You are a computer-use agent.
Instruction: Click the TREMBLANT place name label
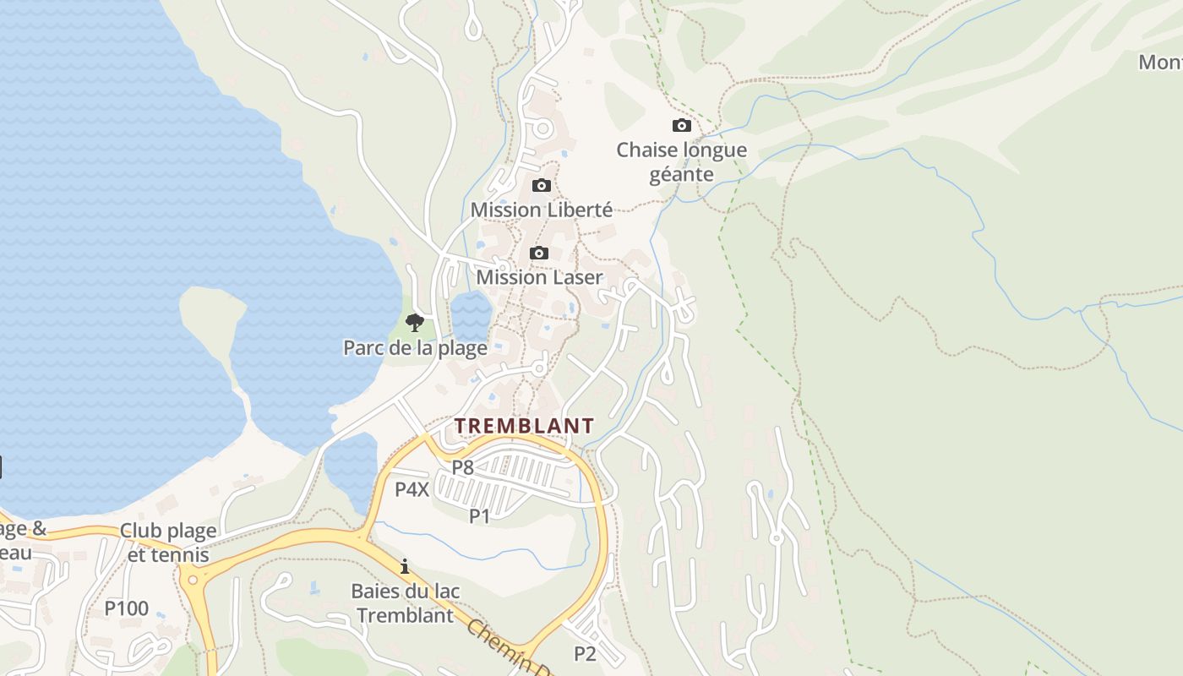tap(524, 426)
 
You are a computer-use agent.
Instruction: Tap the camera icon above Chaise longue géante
tap(681, 126)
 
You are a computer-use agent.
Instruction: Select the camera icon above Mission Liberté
tap(541, 186)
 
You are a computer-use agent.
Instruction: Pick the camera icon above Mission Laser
tap(538, 253)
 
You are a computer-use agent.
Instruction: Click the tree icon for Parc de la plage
tap(414, 322)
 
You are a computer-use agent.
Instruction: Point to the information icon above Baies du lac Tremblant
tap(405, 565)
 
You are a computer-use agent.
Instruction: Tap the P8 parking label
tap(462, 466)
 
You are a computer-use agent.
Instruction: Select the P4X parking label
tap(412, 489)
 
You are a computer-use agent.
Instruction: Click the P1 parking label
tap(479, 515)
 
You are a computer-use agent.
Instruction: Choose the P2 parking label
tap(585, 653)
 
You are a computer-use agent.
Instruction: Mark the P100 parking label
tap(127, 608)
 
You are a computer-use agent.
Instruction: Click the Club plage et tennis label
tap(168, 542)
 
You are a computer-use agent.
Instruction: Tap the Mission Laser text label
tap(540, 277)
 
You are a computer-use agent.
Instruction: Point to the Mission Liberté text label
tap(541, 210)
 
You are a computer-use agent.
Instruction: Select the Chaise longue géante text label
tap(681, 162)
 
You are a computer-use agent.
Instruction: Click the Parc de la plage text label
tap(415, 347)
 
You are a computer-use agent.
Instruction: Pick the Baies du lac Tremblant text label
tap(406, 602)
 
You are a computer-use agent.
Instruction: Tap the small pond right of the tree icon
tap(471, 316)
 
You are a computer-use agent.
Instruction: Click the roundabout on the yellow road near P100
tap(194, 580)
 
